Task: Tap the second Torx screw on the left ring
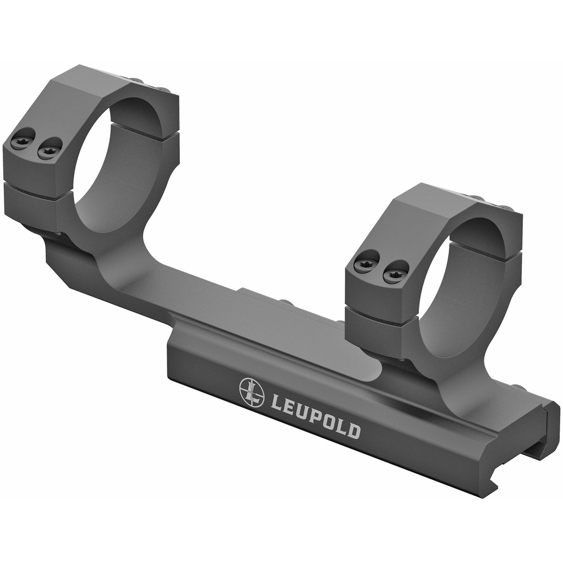(48, 150)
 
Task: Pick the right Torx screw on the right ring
(395, 272)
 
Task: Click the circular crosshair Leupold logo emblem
(252, 393)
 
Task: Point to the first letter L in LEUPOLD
(277, 402)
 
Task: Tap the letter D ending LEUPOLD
(354, 430)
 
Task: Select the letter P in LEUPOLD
(311, 415)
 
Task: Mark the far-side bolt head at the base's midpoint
(285, 302)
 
